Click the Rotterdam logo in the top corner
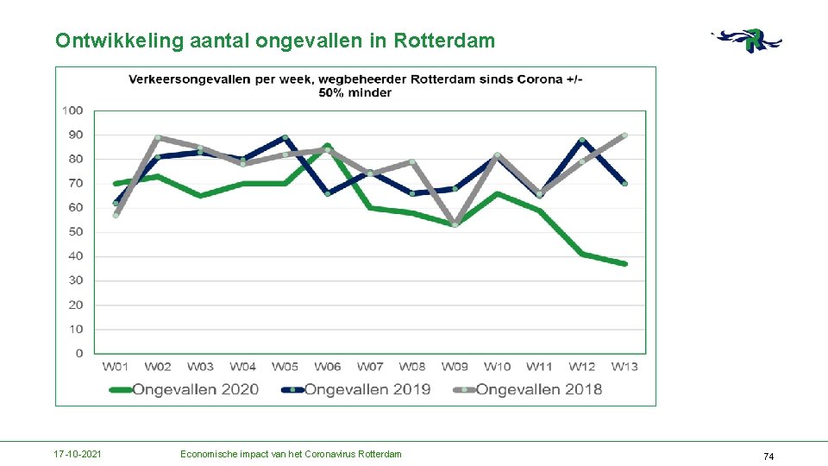[748, 41]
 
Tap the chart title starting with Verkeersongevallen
[355, 85]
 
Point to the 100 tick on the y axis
[72, 110]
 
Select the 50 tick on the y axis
[76, 232]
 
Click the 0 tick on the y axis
[79, 353]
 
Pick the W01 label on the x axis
[116, 367]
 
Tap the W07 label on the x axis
[370, 367]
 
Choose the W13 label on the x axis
[624, 367]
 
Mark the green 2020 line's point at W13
[624, 263]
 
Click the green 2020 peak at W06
[328, 146]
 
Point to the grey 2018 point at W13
[624, 135]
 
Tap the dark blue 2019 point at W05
[285, 137]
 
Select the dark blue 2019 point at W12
[582, 140]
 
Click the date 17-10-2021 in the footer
[78, 454]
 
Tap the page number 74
[768, 456]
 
